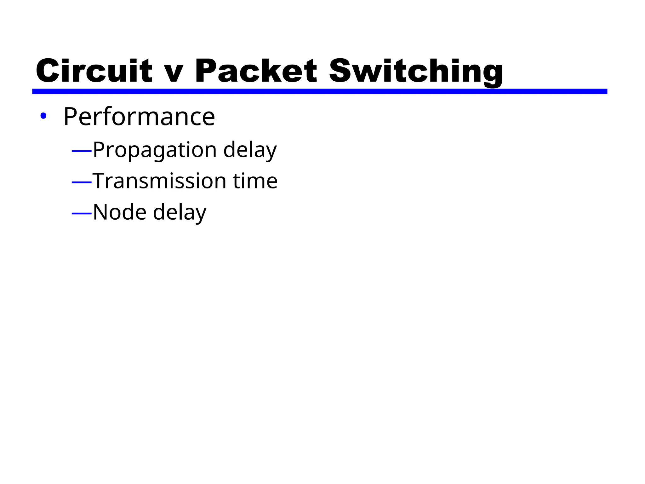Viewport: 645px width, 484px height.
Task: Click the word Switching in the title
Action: pos(416,72)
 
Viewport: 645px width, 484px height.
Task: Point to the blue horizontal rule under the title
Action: pos(319,91)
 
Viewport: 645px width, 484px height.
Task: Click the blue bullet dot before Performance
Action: pos(43,116)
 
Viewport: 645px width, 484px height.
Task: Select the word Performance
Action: pos(139,117)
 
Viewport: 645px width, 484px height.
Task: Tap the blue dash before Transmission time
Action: pos(82,182)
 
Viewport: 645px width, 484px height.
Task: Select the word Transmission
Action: pos(159,181)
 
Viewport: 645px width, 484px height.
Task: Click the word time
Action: pos(255,181)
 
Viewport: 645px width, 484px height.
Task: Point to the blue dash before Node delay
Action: pos(82,214)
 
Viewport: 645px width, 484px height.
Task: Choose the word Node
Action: pos(120,212)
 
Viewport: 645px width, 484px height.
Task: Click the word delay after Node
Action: pos(180,213)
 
